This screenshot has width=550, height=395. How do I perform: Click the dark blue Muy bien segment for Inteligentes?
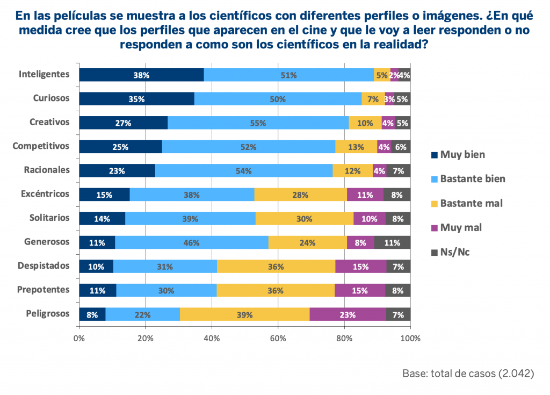tap(141, 75)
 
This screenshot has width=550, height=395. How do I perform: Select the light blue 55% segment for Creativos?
tap(258, 123)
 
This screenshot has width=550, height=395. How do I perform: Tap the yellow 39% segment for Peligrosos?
tap(244, 315)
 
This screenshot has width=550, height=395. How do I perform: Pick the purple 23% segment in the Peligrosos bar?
tap(348, 315)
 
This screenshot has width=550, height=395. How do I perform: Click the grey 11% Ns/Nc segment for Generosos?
tap(392, 242)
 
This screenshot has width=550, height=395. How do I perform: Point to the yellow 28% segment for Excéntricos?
tap(300, 195)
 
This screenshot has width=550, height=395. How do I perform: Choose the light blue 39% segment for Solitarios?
tap(190, 219)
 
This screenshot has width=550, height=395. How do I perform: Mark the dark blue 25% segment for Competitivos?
tap(120, 147)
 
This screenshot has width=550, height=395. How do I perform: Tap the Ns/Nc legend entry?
tap(454, 252)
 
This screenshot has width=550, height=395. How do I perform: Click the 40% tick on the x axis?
tap(212, 339)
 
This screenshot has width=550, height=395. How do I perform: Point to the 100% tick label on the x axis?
tap(410, 339)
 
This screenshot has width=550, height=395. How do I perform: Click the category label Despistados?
tap(44, 265)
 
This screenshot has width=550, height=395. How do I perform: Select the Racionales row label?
tap(47, 170)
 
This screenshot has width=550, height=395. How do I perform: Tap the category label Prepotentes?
tap(44, 290)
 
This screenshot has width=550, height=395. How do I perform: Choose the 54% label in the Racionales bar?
tap(243, 171)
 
